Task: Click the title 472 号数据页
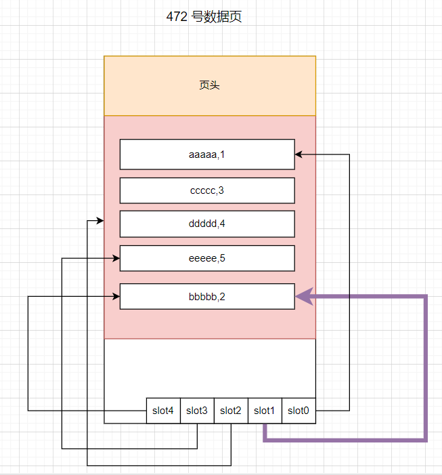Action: pos(204,17)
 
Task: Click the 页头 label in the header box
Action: pos(209,85)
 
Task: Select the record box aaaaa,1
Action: pos(207,154)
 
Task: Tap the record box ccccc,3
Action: pos(207,190)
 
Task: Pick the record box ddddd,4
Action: pos(207,224)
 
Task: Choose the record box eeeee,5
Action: pos(207,258)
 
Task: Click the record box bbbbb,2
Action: pos(207,296)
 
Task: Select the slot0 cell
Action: pos(299,411)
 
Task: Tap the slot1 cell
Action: pos(265,411)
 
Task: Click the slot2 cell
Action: pos(231,411)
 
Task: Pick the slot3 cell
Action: pos(197,411)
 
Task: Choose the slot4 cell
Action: pos(163,411)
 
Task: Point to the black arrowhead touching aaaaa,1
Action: pos(299,154)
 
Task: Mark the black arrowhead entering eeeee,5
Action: pos(116,258)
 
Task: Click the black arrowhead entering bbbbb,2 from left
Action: pos(116,296)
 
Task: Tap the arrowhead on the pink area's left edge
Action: pos(100,221)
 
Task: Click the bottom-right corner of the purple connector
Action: pos(426,440)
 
